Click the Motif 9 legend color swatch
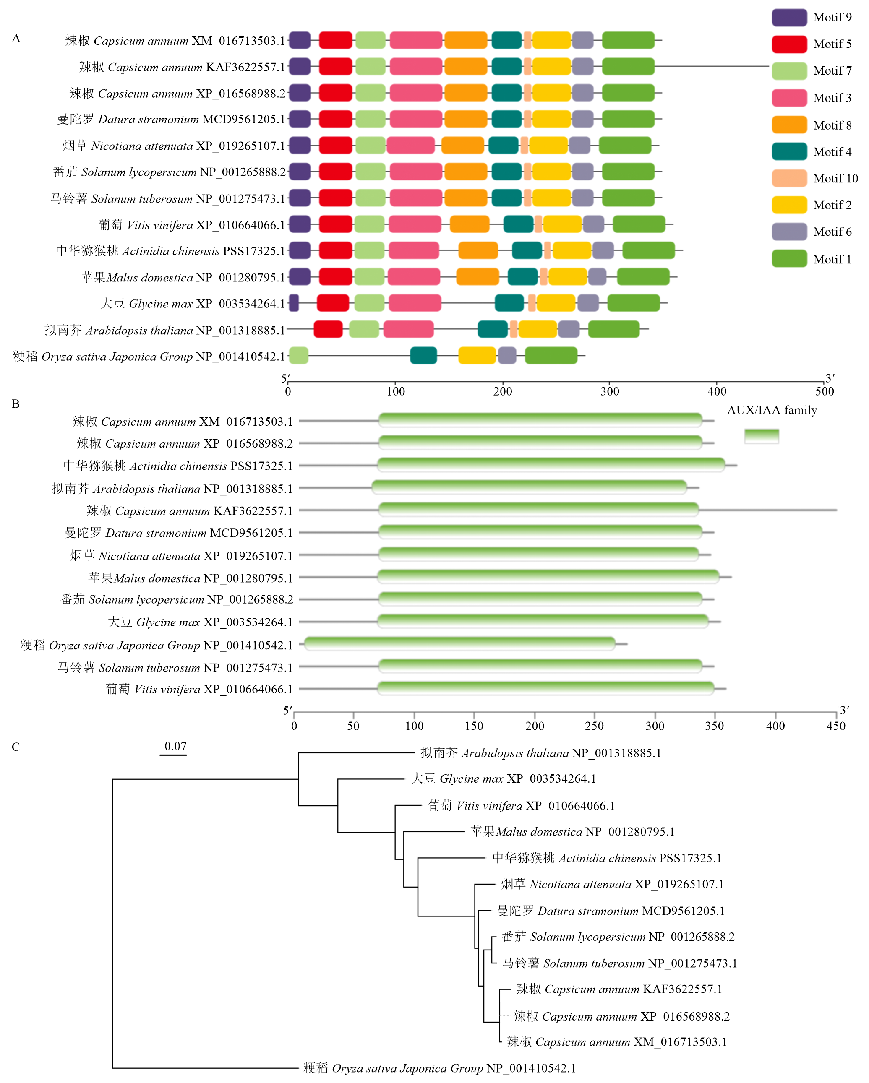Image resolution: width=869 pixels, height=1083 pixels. point(789,18)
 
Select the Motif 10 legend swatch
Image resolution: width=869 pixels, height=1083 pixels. point(789,178)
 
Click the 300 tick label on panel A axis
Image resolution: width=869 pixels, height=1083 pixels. point(610,391)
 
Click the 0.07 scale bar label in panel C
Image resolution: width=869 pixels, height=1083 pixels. point(175,746)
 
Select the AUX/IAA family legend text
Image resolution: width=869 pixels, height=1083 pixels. point(772,410)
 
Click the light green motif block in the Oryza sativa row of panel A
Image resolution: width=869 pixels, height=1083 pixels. point(298,356)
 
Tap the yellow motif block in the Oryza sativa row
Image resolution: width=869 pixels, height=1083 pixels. point(477,356)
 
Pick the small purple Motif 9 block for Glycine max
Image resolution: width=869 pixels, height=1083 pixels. point(294,303)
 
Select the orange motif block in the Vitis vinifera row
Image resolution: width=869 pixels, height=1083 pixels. point(470,224)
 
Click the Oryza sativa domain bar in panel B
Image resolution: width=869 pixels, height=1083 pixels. point(459,643)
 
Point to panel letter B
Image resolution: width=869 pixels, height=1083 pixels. point(16,404)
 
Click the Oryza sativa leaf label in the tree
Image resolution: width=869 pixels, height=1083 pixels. point(439,1068)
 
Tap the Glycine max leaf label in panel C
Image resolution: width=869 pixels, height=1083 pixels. point(503,778)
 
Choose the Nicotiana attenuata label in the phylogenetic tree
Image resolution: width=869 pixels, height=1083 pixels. point(612,884)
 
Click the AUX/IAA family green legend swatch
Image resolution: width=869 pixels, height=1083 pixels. point(762,436)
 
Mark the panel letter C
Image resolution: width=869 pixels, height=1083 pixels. point(16,747)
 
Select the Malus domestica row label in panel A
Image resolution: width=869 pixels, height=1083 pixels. point(183,277)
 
